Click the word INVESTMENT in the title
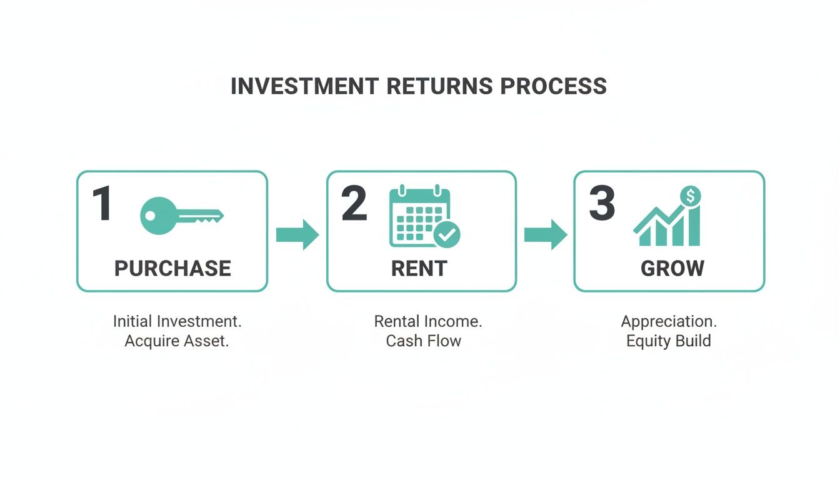click(304, 86)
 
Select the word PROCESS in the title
click(554, 86)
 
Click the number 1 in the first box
click(102, 204)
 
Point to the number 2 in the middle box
click(354, 204)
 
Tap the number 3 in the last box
click(602, 204)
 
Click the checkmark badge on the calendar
click(447, 234)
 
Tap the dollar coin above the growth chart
click(690, 196)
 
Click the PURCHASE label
click(172, 269)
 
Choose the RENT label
click(419, 269)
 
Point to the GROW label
click(672, 269)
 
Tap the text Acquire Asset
click(177, 341)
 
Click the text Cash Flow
click(423, 341)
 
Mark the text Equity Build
click(668, 341)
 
